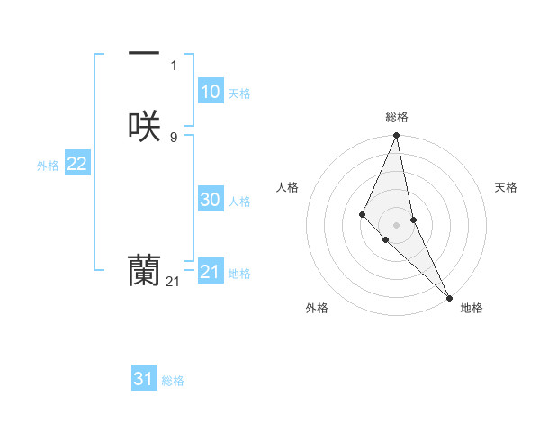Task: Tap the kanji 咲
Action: click(144, 127)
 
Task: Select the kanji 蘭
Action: click(144, 271)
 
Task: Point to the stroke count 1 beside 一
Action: click(174, 66)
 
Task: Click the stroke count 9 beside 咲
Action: click(174, 137)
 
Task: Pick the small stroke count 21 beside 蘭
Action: click(174, 282)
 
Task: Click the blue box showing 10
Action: click(210, 92)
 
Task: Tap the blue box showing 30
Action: click(210, 201)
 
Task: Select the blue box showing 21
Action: click(210, 271)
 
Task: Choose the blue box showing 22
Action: click(76, 164)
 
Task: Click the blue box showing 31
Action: click(143, 379)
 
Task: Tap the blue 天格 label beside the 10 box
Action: click(239, 94)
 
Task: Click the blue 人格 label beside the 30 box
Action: click(239, 202)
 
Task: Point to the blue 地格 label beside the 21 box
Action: click(239, 273)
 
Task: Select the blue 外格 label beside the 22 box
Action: click(48, 166)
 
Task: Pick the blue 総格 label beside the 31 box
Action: click(173, 381)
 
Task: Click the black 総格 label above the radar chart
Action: click(397, 117)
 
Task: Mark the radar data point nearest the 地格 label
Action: click(449, 297)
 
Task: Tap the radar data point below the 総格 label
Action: click(397, 136)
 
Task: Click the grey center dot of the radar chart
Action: click(397, 224)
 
